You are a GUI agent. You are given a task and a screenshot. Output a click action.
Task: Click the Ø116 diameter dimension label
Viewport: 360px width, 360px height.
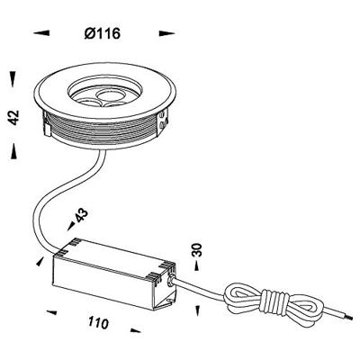[103, 33]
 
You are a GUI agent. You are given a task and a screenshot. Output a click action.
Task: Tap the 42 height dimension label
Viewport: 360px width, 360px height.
[13, 117]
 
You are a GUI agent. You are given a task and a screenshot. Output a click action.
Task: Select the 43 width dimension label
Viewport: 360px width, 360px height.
[81, 215]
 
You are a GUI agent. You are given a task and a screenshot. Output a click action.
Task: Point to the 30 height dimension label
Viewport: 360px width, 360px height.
[197, 249]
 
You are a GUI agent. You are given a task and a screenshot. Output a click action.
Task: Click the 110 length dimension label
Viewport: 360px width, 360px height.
[98, 323]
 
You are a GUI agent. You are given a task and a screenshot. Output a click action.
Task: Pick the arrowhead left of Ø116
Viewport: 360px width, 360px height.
[41, 33]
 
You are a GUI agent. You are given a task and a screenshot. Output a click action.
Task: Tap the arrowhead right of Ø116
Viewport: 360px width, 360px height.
[166, 33]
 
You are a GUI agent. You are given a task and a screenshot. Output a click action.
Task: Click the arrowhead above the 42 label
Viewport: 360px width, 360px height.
[13, 79]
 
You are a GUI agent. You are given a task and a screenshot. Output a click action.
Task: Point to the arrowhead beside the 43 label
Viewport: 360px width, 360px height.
[71, 226]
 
